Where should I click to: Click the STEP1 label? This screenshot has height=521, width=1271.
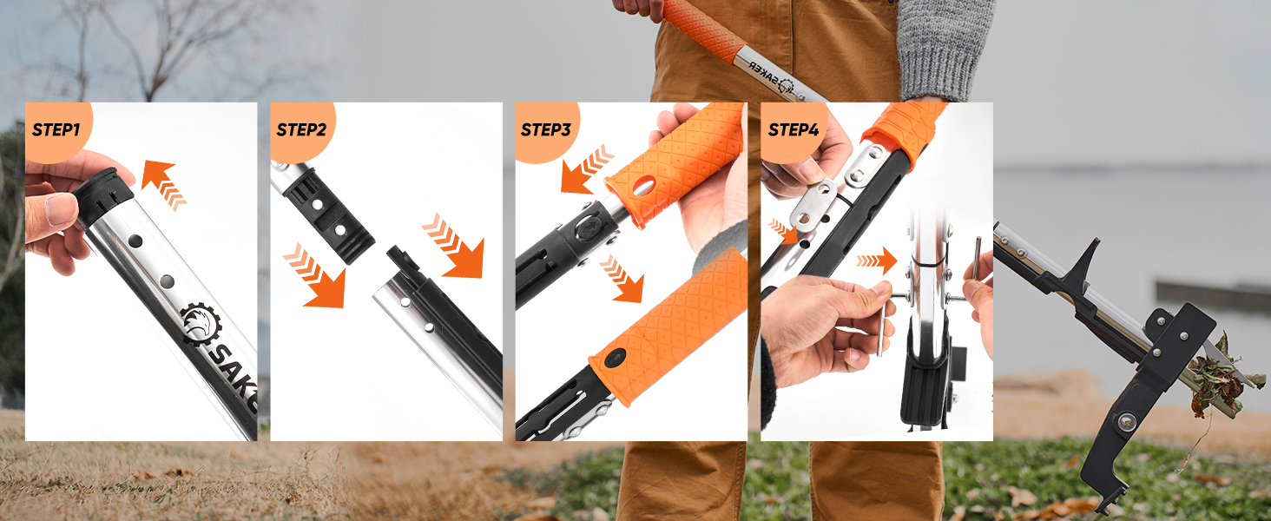[56, 130]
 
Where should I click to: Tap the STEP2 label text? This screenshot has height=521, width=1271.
[301, 130]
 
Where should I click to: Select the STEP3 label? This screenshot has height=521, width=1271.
[546, 130]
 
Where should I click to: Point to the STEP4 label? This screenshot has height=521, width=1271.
[793, 130]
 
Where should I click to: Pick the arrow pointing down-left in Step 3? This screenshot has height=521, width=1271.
[587, 168]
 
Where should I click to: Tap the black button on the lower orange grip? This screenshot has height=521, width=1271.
[616, 357]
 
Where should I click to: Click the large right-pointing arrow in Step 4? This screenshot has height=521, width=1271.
[878, 260]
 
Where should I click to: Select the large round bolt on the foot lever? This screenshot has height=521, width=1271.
[1126, 423]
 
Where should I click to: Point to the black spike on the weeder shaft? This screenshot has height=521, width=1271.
[1082, 261]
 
